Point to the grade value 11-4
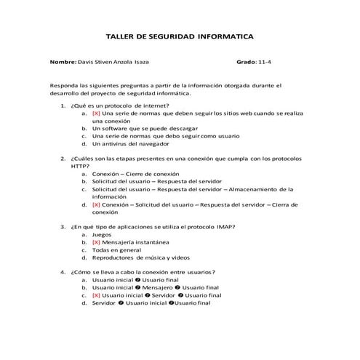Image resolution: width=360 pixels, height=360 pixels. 267,63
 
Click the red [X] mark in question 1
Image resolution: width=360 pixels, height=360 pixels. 96,113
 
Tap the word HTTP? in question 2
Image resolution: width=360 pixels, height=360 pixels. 80,166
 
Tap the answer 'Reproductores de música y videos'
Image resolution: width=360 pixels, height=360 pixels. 140,257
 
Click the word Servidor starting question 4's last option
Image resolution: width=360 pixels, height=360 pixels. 104,303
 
